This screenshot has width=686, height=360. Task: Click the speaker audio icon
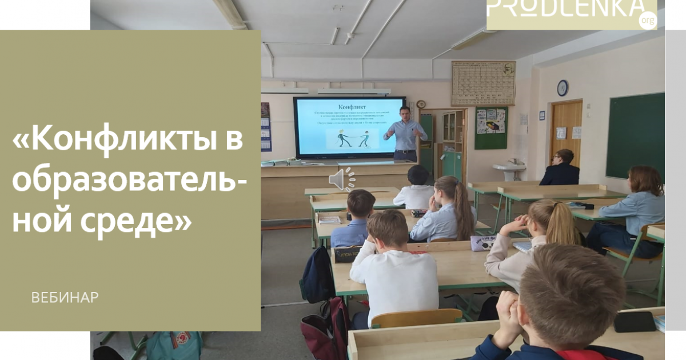coord(341,179)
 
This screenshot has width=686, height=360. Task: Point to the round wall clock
coord(563,87)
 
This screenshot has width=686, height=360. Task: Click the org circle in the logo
coord(648,21)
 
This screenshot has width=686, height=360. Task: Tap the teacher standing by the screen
coord(406,133)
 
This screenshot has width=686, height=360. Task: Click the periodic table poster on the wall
coord(483,83)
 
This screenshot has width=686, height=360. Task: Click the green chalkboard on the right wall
coord(635,135)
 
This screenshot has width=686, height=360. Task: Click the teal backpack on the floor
coord(174,345)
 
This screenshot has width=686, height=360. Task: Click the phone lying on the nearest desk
coord(635,321)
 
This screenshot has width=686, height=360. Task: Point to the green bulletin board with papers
coord(490,127)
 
